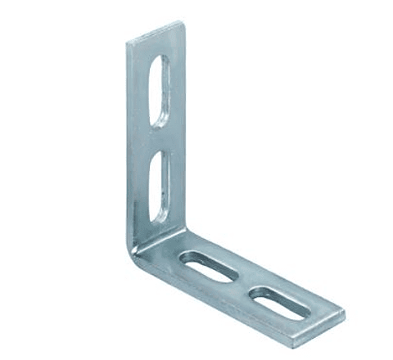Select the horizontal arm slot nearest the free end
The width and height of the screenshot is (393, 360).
click(281, 300)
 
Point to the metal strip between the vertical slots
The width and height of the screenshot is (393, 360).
click(160, 137)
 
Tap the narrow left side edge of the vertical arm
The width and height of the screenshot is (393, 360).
click(132, 147)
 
